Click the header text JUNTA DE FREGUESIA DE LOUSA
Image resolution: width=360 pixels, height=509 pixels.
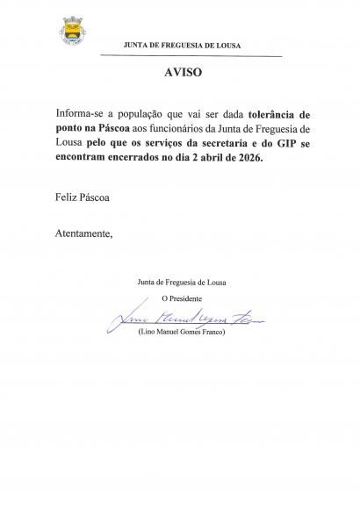184,45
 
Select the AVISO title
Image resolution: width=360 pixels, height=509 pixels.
183,73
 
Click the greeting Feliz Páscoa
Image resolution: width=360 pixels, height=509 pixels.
82,199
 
